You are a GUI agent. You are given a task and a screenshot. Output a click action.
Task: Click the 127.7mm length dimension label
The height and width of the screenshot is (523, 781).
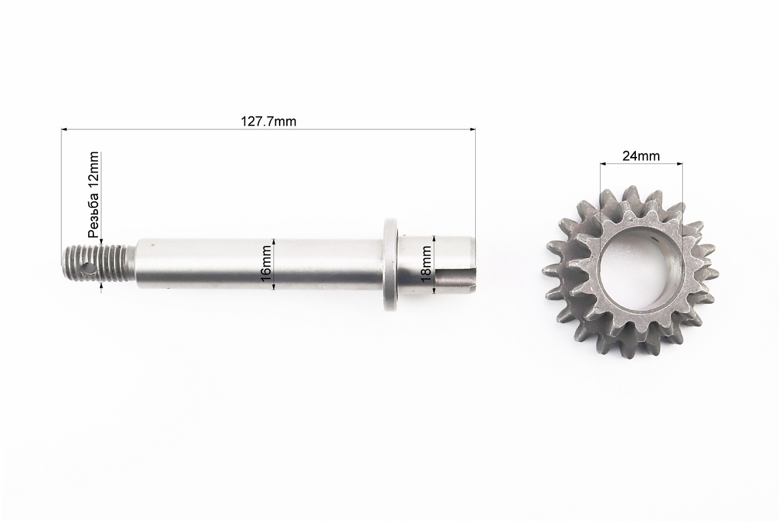[x=269, y=121]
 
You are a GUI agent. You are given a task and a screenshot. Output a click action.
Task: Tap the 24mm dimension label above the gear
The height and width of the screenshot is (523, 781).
[x=641, y=156]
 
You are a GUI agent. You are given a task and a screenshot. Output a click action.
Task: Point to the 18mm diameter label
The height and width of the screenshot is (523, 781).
[x=427, y=265]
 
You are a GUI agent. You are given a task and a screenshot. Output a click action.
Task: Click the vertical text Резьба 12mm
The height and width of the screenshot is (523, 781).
[x=93, y=195]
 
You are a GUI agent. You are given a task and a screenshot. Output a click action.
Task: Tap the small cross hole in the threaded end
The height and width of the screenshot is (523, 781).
[x=89, y=268]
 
